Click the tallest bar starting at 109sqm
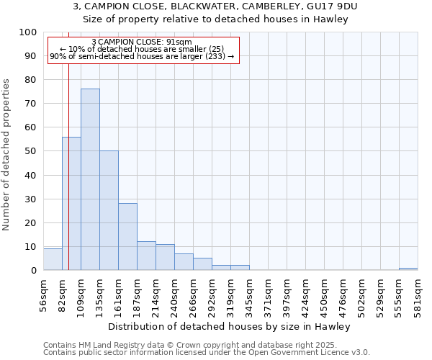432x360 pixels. coord(90,179)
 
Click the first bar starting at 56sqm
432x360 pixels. coord(53,259)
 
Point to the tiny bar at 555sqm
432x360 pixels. coord(408,269)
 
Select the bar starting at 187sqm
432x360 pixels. coord(146,256)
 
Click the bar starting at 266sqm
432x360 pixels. coord(202,264)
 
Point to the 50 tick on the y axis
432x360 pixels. coord(30,151)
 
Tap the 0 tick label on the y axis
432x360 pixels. coord(33,270)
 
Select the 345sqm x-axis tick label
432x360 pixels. coord(249,293)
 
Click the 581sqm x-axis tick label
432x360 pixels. coord(418,293)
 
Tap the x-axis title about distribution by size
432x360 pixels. coord(230,326)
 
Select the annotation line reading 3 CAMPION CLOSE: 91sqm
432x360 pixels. coord(143,42)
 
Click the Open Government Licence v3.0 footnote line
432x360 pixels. coord(207,353)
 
